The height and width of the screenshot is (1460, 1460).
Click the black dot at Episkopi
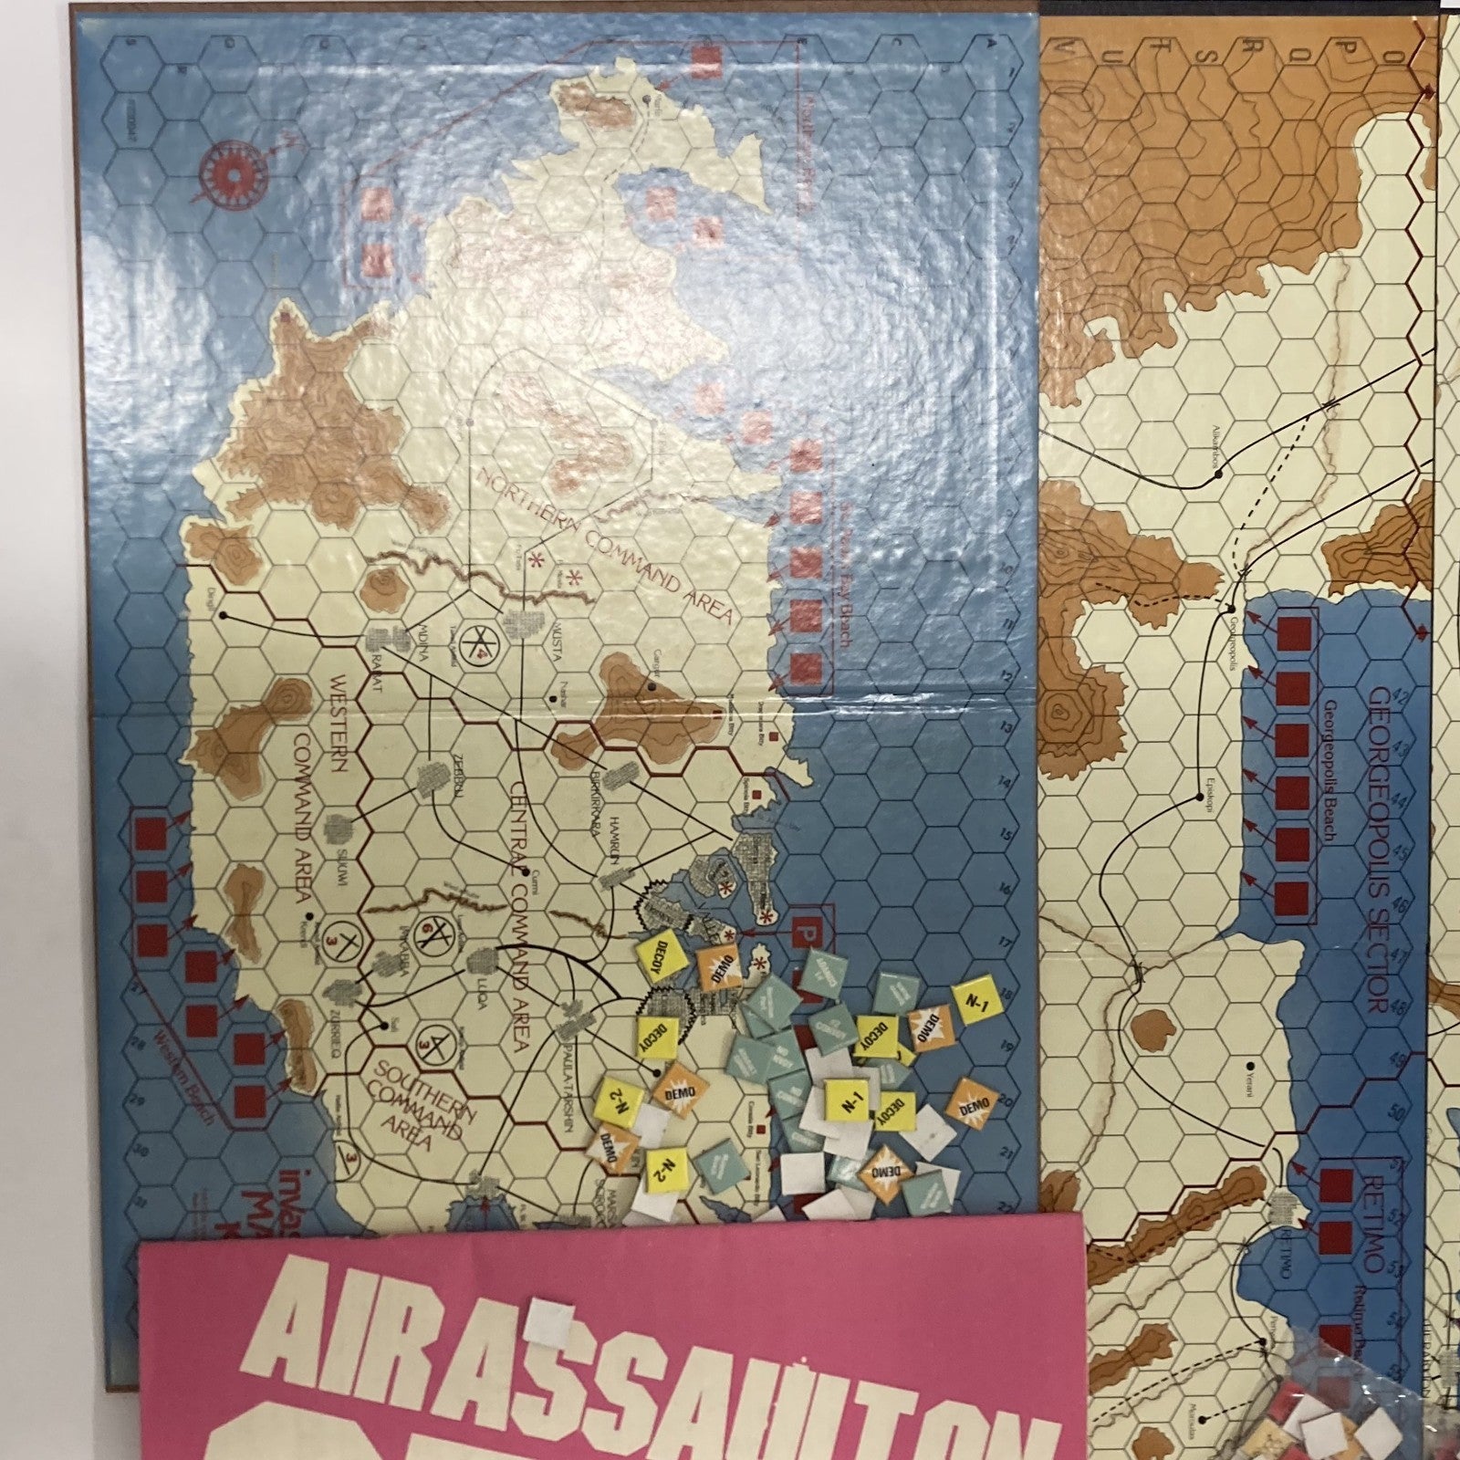coord(1198,798)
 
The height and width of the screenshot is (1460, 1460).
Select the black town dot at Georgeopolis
coord(1232,609)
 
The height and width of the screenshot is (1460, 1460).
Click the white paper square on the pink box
coord(552,1324)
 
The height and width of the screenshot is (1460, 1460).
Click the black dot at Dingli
coord(223,617)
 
